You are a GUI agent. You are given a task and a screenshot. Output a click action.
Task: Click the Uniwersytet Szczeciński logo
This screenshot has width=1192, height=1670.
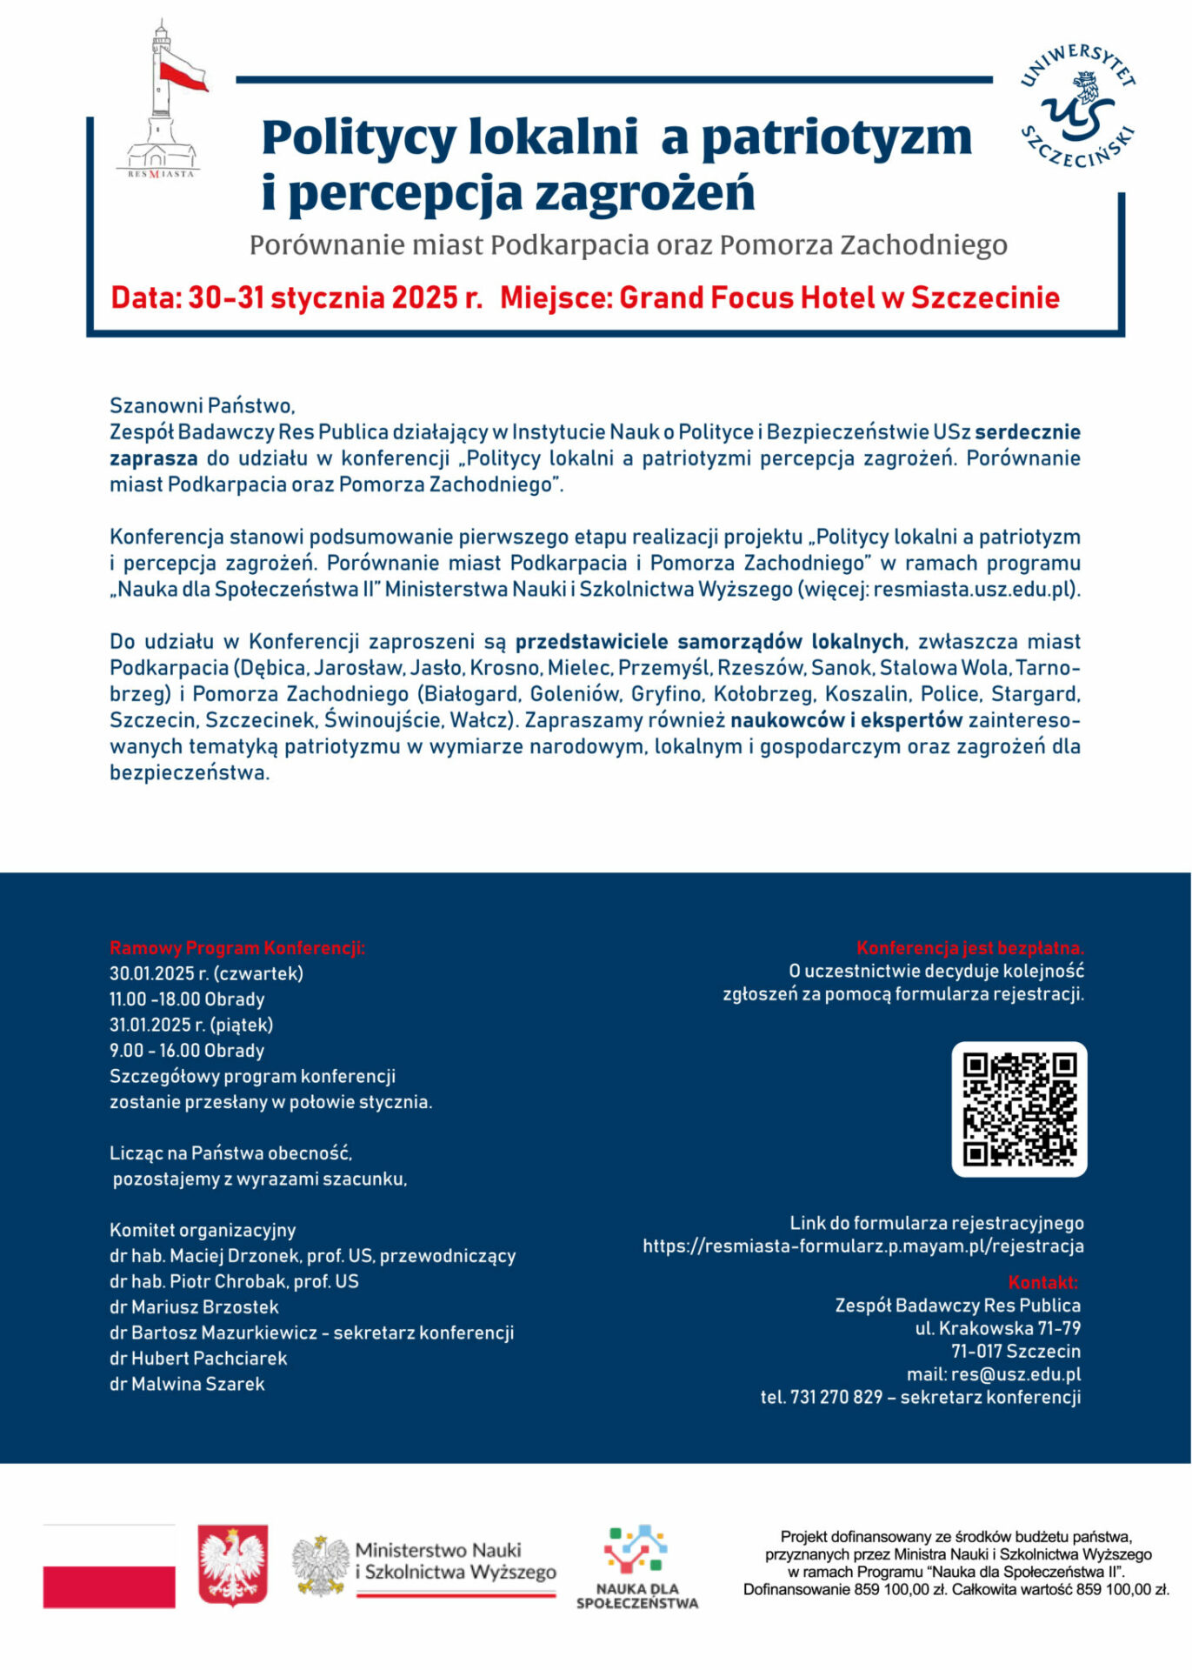pyautogui.click(x=1077, y=106)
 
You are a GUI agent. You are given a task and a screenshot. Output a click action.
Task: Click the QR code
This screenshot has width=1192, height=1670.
pyautogui.click(x=1019, y=1109)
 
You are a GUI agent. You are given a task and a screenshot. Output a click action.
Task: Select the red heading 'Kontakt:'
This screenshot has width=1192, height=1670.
pyautogui.click(x=1042, y=1282)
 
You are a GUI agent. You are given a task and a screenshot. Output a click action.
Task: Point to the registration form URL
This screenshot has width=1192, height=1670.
pyautogui.click(x=862, y=1246)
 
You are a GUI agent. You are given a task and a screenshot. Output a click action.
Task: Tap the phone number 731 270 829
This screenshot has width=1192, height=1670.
pyautogui.click(x=836, y=1397)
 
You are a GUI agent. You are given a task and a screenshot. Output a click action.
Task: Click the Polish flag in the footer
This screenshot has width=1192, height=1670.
pyautogui.click(x=109, y=1566)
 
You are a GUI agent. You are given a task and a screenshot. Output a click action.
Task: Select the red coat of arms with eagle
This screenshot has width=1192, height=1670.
pyautogui.click(x=232, y=1564)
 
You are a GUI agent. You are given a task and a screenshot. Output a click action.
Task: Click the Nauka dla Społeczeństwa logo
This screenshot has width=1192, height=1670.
pyautogui.click(x=637, y=1566)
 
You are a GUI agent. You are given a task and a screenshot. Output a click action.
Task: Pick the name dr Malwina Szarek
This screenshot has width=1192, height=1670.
pyautogui.click(x=187, y=1384)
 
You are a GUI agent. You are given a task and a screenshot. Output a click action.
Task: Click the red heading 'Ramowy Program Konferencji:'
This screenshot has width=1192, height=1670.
pyautogui.click(x=237, y=948)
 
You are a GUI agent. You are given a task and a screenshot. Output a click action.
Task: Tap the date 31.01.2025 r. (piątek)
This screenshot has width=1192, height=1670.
pyautogui.click(x=191, y=1025)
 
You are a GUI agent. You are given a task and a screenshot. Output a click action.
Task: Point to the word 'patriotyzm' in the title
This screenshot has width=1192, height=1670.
pyautogui.click(x=836, y=137)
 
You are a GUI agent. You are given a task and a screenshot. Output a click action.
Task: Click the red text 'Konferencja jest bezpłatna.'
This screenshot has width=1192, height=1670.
pyautogui.click(x=969, y=948)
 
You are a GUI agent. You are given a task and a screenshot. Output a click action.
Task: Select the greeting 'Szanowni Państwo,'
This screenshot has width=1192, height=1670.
pyautogui.click(x=203, y=405)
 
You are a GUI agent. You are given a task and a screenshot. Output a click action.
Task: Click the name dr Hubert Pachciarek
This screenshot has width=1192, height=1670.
pyautogui.click(x=198, y=1358)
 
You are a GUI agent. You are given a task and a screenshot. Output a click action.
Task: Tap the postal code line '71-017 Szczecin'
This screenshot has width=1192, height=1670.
pyautogui.click(x=1016, y=1351)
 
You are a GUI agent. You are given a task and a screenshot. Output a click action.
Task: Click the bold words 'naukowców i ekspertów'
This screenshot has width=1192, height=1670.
pyautogui.click(x=846, y=720)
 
